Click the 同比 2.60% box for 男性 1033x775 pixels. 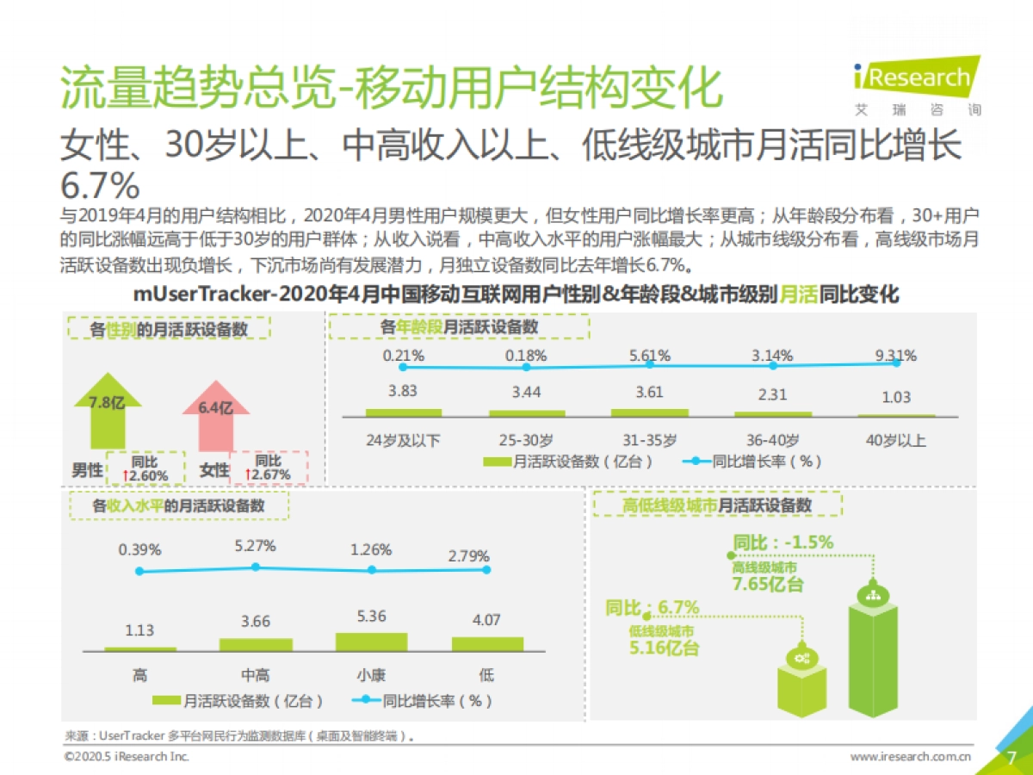tap(145, 468)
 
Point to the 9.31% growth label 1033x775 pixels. tap(895, 355)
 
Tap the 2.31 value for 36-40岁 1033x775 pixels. tap(772, 394)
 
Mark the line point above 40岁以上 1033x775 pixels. tap(896, 363)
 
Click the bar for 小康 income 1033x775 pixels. tap(371, 642)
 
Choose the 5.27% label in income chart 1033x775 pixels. tap(255, 546)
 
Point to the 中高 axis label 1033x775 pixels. tap(255, 676)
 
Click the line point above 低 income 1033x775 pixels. tap(486, 569)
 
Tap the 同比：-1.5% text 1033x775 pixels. tap(782, 542)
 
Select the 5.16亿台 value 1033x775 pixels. tap(664, 648)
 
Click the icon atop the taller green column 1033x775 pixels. tap(872, 593)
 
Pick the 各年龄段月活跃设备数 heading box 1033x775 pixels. tap(460, 327)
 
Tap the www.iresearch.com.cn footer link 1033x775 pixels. tap(910, 757)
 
